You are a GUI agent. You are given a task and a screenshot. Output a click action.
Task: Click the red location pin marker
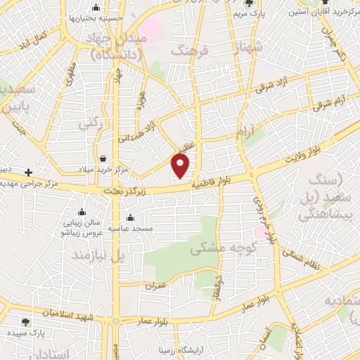tap(181, 166)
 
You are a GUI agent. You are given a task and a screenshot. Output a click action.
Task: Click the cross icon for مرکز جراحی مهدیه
tap(28, 172)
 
